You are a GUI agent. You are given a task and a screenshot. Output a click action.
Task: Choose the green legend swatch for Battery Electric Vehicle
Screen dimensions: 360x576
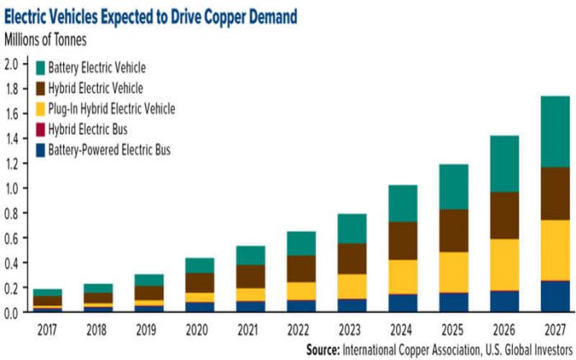(39, 67)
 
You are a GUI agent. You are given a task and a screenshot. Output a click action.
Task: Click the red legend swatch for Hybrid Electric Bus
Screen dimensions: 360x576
(39, 129)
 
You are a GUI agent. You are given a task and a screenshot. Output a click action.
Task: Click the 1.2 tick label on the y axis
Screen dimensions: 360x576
(12, 164)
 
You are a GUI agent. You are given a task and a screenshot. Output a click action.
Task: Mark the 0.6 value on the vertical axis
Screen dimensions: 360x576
(12, 238)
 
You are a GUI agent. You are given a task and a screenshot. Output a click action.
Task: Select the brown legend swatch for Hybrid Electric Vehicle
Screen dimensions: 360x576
(39, 88)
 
